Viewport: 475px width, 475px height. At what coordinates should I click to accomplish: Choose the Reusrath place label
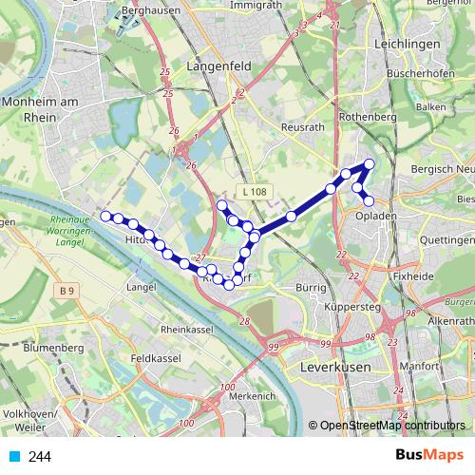point(304,126)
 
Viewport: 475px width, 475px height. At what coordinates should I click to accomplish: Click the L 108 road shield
point(255,192)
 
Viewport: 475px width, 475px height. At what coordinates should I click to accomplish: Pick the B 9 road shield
point(65,290)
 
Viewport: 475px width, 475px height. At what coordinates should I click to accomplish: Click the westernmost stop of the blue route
point(105,216)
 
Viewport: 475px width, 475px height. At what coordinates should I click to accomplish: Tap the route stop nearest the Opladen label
point(369,200)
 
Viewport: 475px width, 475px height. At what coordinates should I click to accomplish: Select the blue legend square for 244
point(14,457)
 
